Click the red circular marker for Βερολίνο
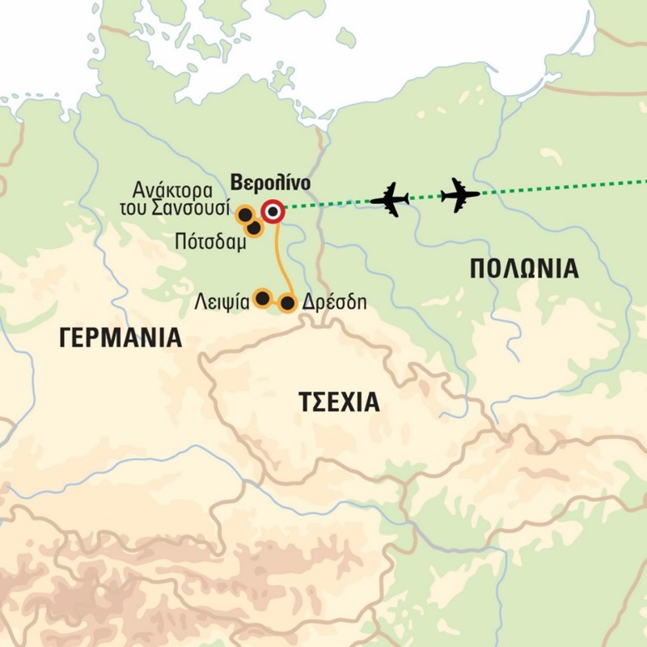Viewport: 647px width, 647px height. (x=274, y=212)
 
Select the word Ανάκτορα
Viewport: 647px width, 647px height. (x=175, y=192)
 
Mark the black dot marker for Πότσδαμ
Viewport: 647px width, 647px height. (x=254, y=229)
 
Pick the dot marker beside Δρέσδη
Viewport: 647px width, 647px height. (x=286, y=304)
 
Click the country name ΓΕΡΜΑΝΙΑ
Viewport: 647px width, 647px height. (x=120, y=338)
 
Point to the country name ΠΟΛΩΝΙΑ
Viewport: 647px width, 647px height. (x=524, y=269)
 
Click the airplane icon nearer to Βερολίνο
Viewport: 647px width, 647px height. (x=389, y=199)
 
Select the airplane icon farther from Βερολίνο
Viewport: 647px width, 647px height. (x=460, y=194)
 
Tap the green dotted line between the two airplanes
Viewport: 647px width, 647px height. (x=425, y=198)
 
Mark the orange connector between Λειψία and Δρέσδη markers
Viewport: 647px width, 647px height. (x=274, y=302)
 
